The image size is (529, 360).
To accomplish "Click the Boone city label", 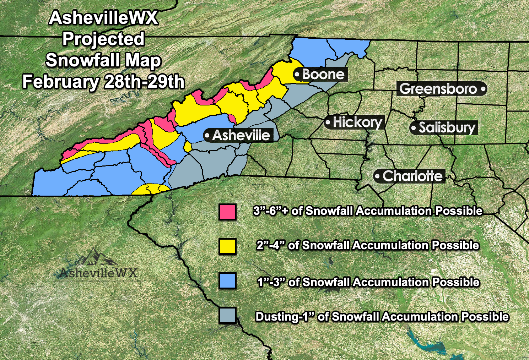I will coord(323,75).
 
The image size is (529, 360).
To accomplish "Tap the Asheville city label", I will coord(241,135).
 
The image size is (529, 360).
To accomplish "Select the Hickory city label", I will coord(357,122).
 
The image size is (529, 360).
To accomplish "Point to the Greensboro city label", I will coord(438,89).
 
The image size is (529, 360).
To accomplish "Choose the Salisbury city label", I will coord(447,127).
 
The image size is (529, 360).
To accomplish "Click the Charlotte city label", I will coord(412,176).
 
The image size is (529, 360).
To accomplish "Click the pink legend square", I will coord(227,212).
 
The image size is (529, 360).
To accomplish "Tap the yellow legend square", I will coord(227,246).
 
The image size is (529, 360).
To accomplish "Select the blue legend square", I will coord(227,281).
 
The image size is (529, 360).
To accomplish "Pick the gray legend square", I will coord(227,315).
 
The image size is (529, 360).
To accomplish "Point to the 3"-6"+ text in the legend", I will coord(270,211).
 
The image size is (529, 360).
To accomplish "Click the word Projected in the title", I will coord(103,39).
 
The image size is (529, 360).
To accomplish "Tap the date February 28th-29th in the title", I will coord(103,82).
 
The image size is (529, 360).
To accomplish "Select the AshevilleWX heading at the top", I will coord(103,18).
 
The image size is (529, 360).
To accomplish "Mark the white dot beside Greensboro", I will coord(482,89).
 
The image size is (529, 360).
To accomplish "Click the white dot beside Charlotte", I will coord(377,176).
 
